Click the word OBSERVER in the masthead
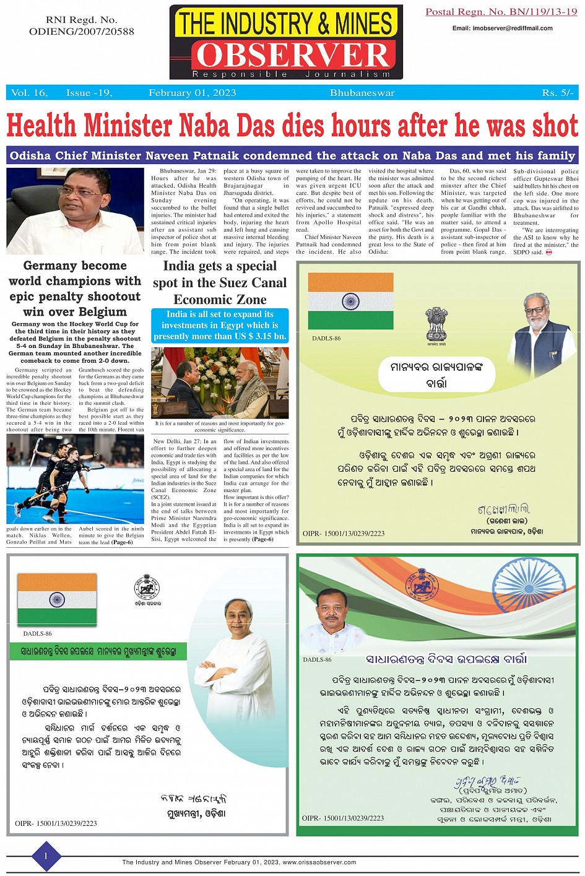tap(293, 55)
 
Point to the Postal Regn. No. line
tap(501, 12)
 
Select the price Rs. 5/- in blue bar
tap(558, 93)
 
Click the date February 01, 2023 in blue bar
tap(192, 93)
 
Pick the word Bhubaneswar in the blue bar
tap(362, 93)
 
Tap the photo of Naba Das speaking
tap(76, 210)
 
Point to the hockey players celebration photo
tap(75, 478)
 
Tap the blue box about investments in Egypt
tap(220, 325)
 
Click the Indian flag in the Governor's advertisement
tap(350, 301)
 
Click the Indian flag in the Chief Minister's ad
tap(57, 599)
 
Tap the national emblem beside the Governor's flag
tap(436, 323)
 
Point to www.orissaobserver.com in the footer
tap(319, 862)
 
